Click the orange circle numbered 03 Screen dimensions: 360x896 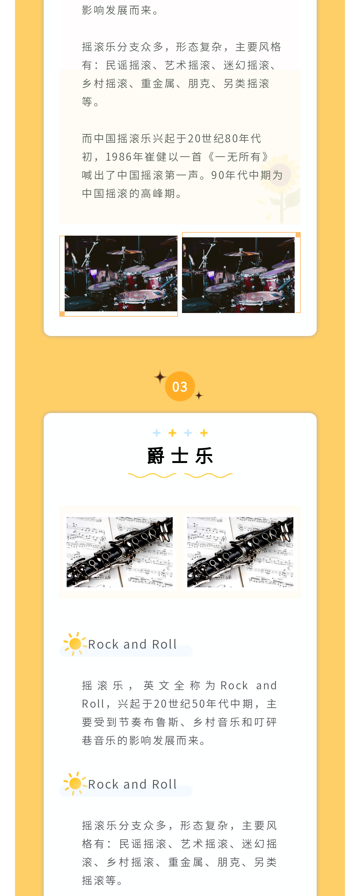[180, 386]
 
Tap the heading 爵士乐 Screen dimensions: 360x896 [180, 456]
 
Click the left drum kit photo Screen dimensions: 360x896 [121, 273]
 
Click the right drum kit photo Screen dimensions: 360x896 [238, 275]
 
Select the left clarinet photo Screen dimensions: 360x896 [120, 552]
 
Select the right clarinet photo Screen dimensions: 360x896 [240, 552]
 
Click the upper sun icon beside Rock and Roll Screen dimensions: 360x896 [75, 644]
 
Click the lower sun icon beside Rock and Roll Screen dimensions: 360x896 [75, 784]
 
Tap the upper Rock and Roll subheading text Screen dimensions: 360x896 [133, 644]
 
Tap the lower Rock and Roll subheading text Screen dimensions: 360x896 [133, 784]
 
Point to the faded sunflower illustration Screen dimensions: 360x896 [280, 187]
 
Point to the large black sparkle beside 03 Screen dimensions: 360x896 [160, 377]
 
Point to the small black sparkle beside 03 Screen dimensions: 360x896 [199, 395]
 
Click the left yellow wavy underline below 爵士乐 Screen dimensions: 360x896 [152, 475]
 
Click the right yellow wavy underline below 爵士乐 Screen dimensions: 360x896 [208, 475]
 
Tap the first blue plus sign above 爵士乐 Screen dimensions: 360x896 [157, 433]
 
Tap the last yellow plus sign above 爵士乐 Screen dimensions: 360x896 [204, 433]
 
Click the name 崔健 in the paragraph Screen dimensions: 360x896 [156, 157]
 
